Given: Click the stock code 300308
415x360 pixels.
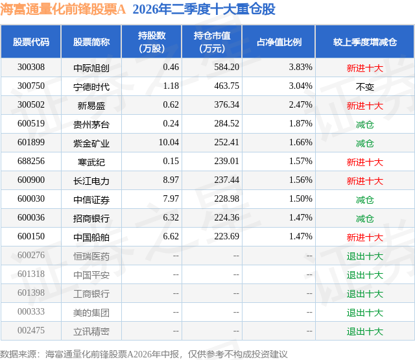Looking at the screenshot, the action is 31,67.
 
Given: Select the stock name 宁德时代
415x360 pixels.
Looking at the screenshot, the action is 91,87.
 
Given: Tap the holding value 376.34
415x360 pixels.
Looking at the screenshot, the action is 226,105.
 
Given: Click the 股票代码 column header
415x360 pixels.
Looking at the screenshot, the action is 31,42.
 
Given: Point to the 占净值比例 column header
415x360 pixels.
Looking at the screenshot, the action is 279,42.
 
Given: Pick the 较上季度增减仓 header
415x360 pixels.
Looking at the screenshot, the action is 364,42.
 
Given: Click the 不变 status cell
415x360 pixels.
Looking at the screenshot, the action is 364,87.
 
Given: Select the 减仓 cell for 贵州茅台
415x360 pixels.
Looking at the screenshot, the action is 364,125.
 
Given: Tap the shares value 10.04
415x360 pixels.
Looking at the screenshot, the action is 169,143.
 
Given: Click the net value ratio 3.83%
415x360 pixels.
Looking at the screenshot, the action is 301,67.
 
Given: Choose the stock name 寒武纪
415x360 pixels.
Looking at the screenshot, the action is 91,162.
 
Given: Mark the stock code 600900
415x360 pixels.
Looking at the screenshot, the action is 31,180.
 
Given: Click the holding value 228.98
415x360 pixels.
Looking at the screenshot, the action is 226,198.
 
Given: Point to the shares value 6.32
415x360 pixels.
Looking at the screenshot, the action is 171,217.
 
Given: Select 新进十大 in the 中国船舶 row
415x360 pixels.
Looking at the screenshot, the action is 364,237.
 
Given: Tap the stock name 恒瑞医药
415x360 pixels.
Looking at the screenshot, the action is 91,256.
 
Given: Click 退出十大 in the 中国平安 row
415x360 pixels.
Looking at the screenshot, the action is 364,275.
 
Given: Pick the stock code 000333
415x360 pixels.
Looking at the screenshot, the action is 31,311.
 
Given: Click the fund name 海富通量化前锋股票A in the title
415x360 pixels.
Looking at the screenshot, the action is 63,9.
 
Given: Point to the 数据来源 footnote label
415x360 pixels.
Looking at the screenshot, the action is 18,354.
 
